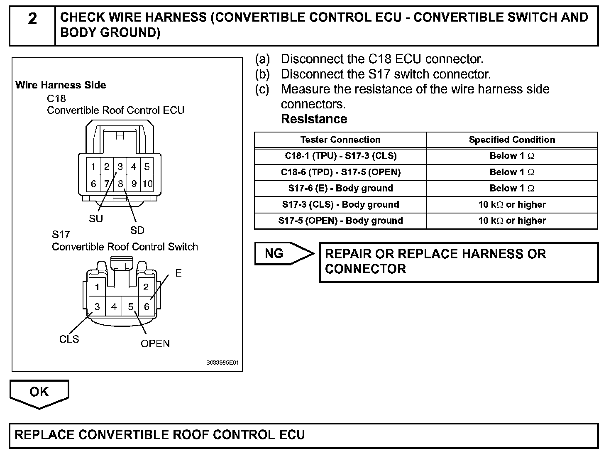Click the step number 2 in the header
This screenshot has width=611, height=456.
32,19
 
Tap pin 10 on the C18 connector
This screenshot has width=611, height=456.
147,184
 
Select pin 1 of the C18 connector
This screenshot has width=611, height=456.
93,167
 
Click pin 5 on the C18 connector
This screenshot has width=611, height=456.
147,167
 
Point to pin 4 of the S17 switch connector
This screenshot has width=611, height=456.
114,307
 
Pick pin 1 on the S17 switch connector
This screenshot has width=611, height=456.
97,287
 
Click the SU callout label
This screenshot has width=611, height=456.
95,219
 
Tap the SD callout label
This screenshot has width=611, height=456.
137,230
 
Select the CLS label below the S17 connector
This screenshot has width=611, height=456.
69,339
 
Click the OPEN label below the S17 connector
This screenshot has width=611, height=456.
155,344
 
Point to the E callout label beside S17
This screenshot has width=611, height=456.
178,273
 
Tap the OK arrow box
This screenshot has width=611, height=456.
39,392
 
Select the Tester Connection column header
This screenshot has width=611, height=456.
340,140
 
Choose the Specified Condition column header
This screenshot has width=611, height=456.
512,140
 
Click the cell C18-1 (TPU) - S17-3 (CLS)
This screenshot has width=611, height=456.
340,156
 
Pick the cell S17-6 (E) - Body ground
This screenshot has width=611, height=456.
340,189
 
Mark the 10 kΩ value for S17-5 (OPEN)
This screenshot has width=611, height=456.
512,221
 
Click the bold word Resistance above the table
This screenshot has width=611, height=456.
314,119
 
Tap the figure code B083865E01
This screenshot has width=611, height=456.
222,363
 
